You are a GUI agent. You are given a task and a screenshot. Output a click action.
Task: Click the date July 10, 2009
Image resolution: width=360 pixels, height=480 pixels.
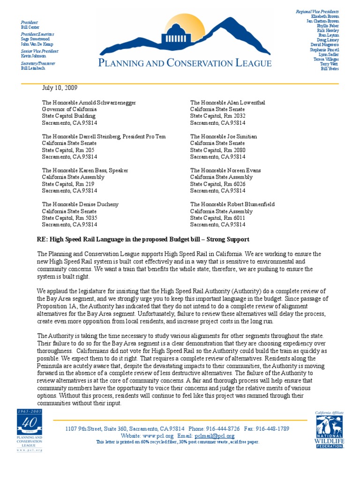point(60,88)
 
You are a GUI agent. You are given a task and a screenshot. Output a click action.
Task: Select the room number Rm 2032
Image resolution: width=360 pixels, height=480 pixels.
point(235,116)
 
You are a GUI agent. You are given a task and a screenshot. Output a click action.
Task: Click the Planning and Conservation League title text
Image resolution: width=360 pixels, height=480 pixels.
point(185,63)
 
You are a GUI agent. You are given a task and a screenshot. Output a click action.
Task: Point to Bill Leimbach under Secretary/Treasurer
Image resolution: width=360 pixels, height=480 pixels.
point(33,68)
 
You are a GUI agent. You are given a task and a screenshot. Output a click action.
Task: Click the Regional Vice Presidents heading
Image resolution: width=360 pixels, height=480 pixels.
point(317,11)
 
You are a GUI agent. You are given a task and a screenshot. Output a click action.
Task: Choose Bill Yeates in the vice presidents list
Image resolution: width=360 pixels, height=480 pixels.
point(330,68)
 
